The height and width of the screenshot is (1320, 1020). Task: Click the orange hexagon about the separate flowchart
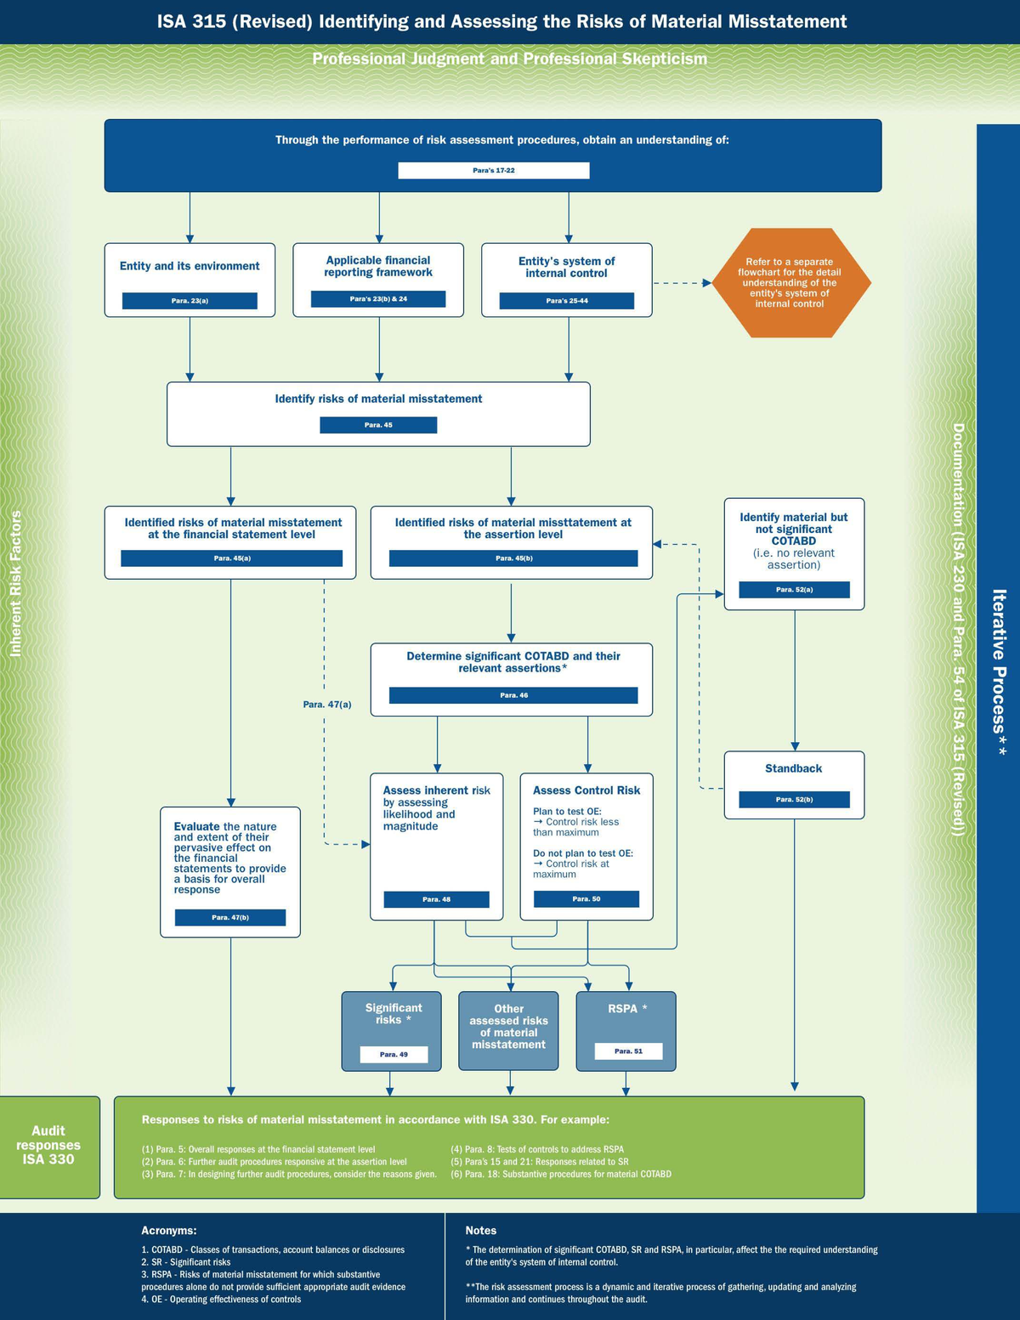[x=790, y=283]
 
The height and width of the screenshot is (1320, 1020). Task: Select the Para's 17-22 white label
[x=493, y=171]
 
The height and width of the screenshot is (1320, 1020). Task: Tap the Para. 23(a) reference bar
[x=190, y=301]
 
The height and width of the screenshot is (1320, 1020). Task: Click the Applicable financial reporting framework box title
[x=378, y=266]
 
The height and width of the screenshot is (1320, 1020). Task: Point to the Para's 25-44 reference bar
[x=566, y=301]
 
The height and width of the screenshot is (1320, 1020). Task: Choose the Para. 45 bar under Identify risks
[x=378, y=425]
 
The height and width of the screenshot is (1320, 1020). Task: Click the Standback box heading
[x=793, y=768]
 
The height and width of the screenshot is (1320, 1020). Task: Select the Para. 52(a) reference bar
[x=794, y=590]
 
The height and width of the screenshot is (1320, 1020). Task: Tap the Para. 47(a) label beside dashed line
[x=327, y=705]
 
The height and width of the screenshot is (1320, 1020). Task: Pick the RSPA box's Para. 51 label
[x=627, y=1051]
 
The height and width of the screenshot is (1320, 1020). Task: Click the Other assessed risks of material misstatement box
[x=508, y=1029]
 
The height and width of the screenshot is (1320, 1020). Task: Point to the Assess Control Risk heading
[x=586, y=790]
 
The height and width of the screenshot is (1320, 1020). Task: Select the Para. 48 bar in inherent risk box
[x=436, y=899]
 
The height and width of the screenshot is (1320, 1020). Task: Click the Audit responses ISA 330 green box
[x=48, y=1146]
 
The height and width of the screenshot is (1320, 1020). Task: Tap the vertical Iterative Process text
[x=1000, y=671]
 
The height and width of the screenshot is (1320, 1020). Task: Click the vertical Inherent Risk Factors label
[x=15, y=583]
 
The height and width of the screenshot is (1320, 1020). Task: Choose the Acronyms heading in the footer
[x=168, y=1231]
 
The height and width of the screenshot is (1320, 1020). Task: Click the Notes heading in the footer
[x=480, y=1231]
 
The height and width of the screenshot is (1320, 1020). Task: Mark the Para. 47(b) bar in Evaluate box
[x=230, y=918]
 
